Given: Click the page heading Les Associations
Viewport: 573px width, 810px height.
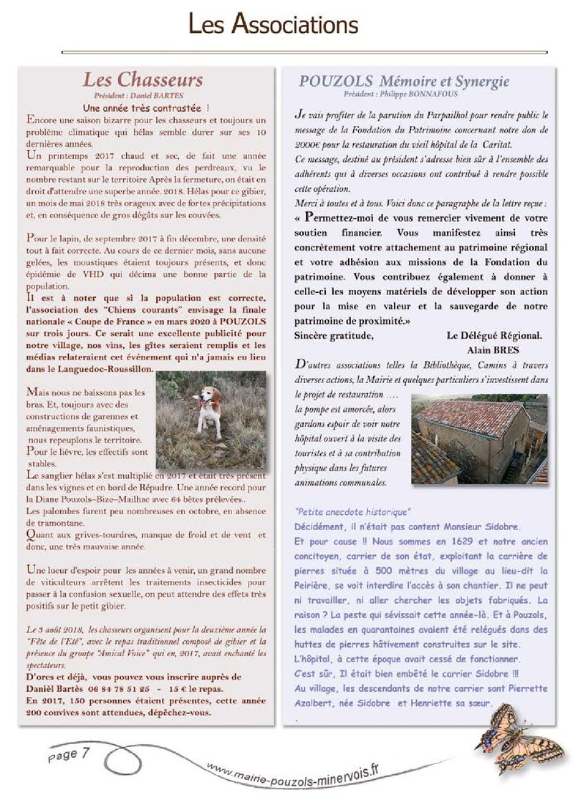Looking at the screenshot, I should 273,26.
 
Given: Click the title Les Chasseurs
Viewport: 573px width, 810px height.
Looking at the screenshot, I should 143,79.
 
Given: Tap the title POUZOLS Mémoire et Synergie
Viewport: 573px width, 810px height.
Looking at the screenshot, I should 404,81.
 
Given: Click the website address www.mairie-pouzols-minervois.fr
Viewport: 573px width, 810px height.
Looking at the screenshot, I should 293,774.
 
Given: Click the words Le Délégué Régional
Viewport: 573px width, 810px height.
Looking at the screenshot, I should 493,335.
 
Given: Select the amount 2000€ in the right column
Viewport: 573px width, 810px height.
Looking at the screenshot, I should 309,143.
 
